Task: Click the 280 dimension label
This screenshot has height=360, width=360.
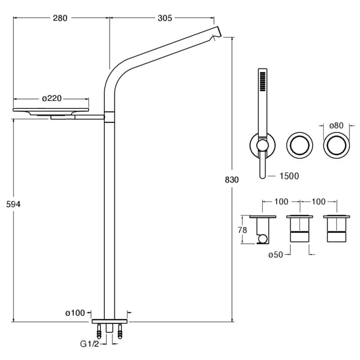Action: pos(60,18)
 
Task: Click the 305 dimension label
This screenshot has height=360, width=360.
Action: pos(165,18)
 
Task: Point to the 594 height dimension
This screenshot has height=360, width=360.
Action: pos(13,204)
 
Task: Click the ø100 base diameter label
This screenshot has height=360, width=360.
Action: pos(75,313)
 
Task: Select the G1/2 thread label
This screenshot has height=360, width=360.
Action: pos(89,344)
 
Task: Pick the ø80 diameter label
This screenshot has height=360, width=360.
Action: pos(335,126)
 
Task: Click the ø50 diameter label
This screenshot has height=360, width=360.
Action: pos(275,255)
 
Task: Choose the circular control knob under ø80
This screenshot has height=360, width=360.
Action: pos(335,145)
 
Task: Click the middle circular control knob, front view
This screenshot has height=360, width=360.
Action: pos(298,145)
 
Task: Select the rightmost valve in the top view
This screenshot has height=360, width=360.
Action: pos(335,229)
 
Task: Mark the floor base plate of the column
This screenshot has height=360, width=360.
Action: pos(110,322)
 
